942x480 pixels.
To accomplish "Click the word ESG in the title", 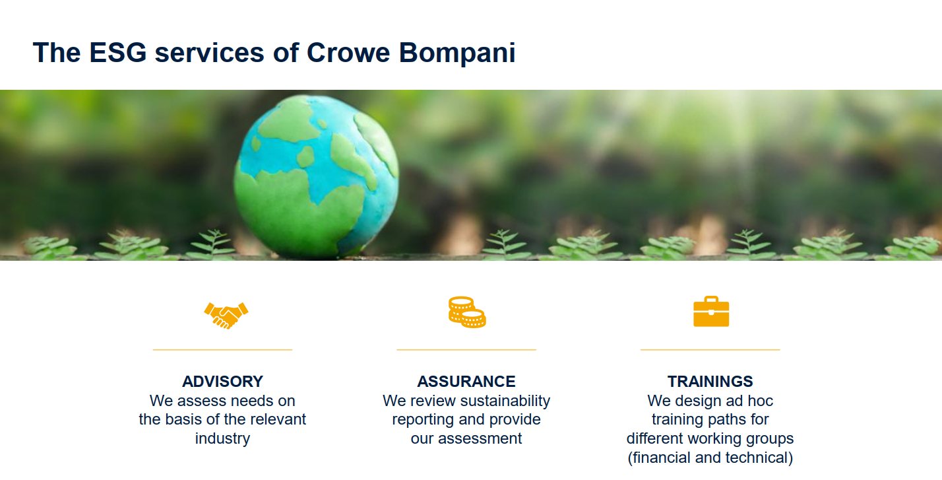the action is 117,53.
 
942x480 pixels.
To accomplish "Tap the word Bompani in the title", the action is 457,53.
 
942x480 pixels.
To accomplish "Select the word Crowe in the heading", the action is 348,53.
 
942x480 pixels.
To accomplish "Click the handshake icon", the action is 226,315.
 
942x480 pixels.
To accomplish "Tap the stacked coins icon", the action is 467,312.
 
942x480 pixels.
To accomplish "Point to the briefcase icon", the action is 711,312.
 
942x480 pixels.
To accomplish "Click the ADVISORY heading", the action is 222,382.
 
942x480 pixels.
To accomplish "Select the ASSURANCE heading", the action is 466,382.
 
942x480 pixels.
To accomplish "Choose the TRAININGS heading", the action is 710,382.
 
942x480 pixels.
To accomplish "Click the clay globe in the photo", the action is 316,177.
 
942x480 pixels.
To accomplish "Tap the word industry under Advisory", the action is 222,439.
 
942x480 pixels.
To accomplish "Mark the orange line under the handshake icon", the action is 222,349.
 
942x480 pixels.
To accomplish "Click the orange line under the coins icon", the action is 466,349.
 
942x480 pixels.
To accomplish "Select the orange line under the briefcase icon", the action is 710,349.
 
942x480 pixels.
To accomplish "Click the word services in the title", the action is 209,53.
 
